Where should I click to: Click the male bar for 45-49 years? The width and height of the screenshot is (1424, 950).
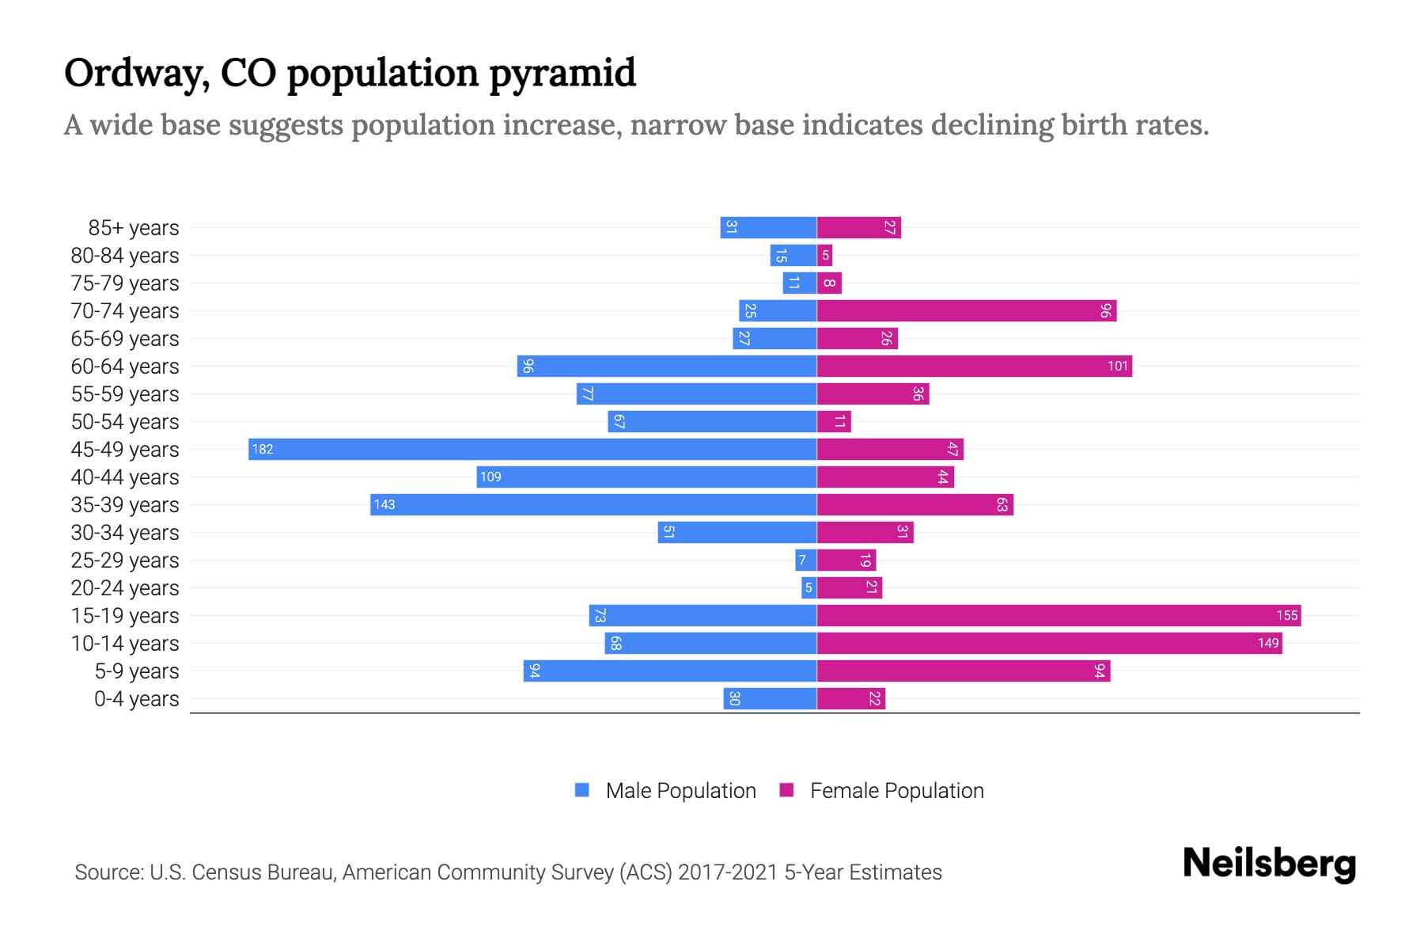coord(532,450)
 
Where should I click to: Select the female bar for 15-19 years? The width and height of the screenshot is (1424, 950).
coord(1059,616)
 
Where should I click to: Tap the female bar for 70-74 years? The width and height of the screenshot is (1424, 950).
coord(966,311)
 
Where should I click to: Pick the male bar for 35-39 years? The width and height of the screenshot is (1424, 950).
coord(593,505)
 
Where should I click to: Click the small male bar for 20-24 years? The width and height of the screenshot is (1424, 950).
coord(809,588)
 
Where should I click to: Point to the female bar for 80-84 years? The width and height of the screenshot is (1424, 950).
coord(824,256)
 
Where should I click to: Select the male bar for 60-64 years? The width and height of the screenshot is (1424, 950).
coord(667,367)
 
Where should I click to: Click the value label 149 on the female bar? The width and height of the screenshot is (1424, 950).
coord(1268,644)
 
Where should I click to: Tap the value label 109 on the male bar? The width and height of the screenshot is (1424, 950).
coord(490,477)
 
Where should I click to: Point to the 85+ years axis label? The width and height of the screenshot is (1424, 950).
coord(134,228)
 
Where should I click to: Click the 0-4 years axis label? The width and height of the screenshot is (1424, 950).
coord(136,699)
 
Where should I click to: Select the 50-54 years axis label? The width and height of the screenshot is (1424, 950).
coord(125,422)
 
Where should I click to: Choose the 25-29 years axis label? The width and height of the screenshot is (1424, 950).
coord(125,560)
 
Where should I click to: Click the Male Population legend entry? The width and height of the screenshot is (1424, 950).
coord(680,791)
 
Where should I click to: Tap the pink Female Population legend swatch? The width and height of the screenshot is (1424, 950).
coord(786,790)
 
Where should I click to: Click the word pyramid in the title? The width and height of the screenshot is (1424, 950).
coord(562,74)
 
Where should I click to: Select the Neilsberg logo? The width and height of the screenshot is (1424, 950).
coord(1269,864)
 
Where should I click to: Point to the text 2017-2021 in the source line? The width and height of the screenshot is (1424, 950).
coord(728,872)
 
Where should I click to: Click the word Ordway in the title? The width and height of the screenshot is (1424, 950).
coord(136,74)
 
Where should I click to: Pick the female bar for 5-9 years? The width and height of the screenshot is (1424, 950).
coord(963,671)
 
